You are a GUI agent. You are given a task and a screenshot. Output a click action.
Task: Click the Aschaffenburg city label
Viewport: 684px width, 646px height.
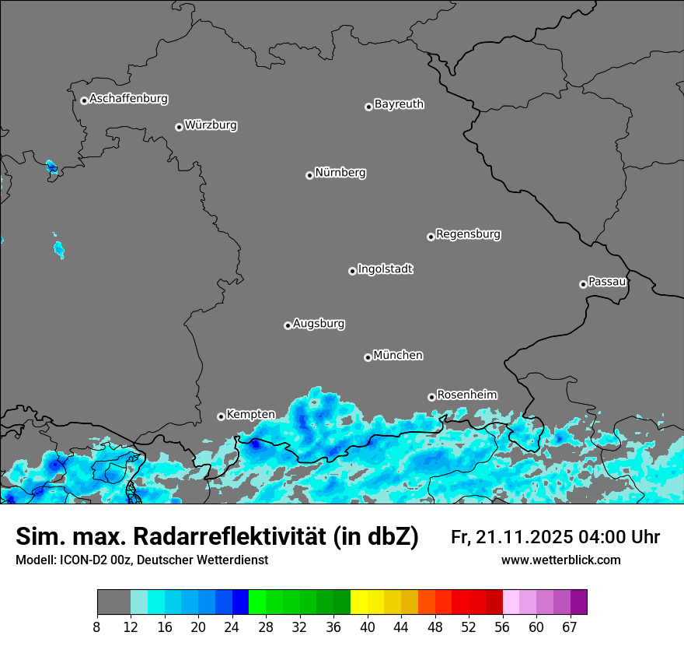[x=128, y=99]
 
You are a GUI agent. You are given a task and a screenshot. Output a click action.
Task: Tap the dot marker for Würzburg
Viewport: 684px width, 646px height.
[x=179, y=127]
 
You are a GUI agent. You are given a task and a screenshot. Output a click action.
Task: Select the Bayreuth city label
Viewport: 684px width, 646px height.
[x=399, y=104]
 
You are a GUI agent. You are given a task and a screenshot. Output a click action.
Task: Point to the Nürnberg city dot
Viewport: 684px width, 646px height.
[x=309, y=175]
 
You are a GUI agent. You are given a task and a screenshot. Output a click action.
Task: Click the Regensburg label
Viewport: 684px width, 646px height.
[x=468, y=234]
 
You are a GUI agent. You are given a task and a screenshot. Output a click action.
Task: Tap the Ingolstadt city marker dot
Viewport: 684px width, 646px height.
[x=352, y=271]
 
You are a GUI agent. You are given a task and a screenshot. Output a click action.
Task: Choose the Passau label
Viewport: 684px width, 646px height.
[x=607, y=282]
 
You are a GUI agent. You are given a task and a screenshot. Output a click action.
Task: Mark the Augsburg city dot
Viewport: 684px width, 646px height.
[x=288, y=325]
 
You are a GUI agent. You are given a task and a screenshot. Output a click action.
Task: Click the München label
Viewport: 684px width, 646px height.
[x=398, y=356]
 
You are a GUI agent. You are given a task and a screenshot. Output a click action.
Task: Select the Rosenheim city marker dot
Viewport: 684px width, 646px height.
[x=431, y=397]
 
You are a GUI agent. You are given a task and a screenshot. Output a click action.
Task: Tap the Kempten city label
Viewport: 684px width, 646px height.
[x=250, y=415]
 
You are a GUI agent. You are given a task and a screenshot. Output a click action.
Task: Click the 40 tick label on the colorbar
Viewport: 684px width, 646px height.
[x=368, y=627]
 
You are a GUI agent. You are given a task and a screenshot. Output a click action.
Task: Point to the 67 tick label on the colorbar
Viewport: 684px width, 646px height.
[x=570, y=627]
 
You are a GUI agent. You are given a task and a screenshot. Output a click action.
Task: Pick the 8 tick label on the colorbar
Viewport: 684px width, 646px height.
[x=97, y=627]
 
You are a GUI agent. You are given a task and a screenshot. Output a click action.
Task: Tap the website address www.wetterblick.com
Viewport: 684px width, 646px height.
[x=560, y=560]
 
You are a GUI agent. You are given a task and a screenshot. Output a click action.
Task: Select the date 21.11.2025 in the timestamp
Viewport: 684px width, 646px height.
[x=523, y=537]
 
